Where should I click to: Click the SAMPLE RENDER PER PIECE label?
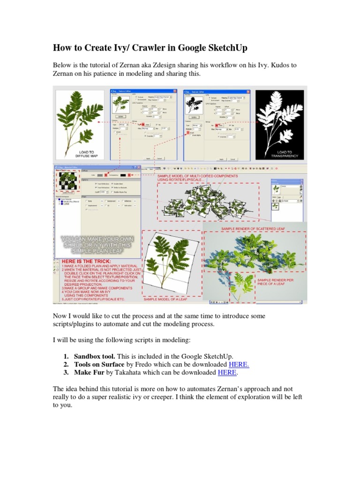click(280, 281)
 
